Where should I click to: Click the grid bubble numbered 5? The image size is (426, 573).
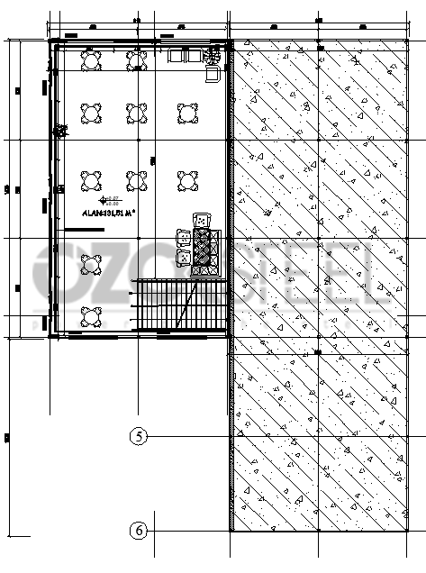138,437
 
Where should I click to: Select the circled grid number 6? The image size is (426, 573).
138,531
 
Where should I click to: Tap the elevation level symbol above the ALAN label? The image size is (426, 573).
109,200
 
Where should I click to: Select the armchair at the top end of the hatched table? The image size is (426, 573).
202,220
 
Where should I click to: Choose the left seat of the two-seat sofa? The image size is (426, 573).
176,56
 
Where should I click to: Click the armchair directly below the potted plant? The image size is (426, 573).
213,73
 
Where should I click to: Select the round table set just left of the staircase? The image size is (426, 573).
91,316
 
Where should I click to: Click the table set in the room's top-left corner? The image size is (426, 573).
91,60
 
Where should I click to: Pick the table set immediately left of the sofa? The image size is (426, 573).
136,60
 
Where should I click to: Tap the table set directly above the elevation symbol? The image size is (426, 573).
91,181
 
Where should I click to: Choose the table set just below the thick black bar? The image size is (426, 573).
91,264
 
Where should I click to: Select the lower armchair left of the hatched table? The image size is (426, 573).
184,258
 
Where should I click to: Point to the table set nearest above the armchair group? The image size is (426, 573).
187,181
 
